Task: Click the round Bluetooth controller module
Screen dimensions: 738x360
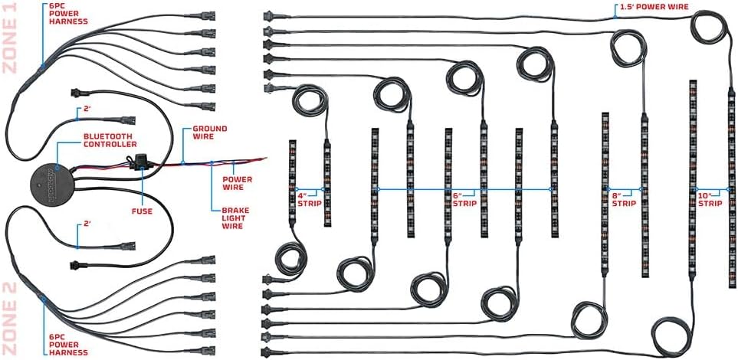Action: pyautogui.click(x=53, y=182)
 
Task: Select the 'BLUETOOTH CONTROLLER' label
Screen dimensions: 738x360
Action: pyautogui.click(x=110, y=140)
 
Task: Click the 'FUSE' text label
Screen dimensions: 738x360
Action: pyautogui.click(x=142, y=211)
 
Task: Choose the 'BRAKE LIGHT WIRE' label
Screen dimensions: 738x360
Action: pyautogui.click(x=235, y=218)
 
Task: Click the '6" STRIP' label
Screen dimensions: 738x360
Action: pyautogui.click(x=464, y=199)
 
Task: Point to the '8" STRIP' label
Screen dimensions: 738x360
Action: pyautogui.click(x=624, y=199)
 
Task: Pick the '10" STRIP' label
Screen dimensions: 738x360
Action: pyautogui.click(x=710, y=199)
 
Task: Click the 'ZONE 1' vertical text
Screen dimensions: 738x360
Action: pyautogui.click(x=9, y=38)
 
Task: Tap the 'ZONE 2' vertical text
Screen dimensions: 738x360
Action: pyautogui.click(x=9, y=319)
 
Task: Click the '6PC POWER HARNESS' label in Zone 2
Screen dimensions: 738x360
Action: pyautogui.click(x=68, y=345)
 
